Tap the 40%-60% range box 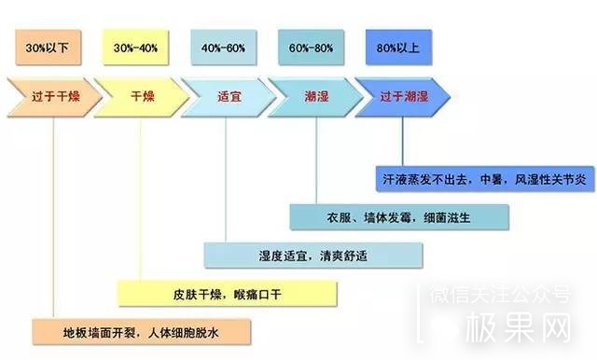click(x=225, y=46)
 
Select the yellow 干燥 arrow click(x=140, y=96)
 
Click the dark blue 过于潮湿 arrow click(x=402, y=96)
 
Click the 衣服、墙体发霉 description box click(x=399, y=216)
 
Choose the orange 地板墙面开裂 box click(x=139, y=331)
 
